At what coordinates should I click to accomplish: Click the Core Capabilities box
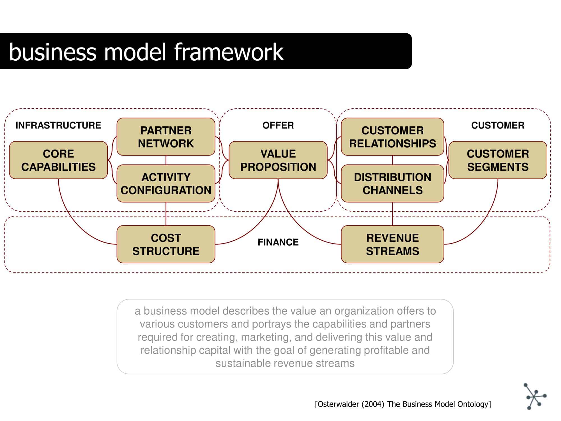[x=58, y=160]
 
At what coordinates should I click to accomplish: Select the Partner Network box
[x=166, y=137]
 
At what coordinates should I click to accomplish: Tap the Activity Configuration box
[x=166, y=184]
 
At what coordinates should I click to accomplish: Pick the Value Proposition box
[x=278, y=160]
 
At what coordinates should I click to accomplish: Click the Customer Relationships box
[x=392, y=137]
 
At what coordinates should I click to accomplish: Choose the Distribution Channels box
[x=392, y=184]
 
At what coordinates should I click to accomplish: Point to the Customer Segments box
[x=498, y=160]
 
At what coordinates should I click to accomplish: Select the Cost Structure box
[x=166, y=244]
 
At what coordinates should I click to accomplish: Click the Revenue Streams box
[x=392, y=244]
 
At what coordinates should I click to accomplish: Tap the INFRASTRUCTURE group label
[x=58, y=125]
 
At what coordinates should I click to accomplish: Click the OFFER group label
[x=278, y=125]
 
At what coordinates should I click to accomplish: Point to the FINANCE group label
[x=278, y=242]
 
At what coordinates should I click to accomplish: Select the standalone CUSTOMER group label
[x=498, y=125]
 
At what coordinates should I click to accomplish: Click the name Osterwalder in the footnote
[x=338, y=404]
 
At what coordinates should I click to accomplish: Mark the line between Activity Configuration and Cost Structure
[x=166, y=214]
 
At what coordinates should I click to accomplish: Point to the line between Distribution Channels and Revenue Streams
[x=392, y=214]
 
